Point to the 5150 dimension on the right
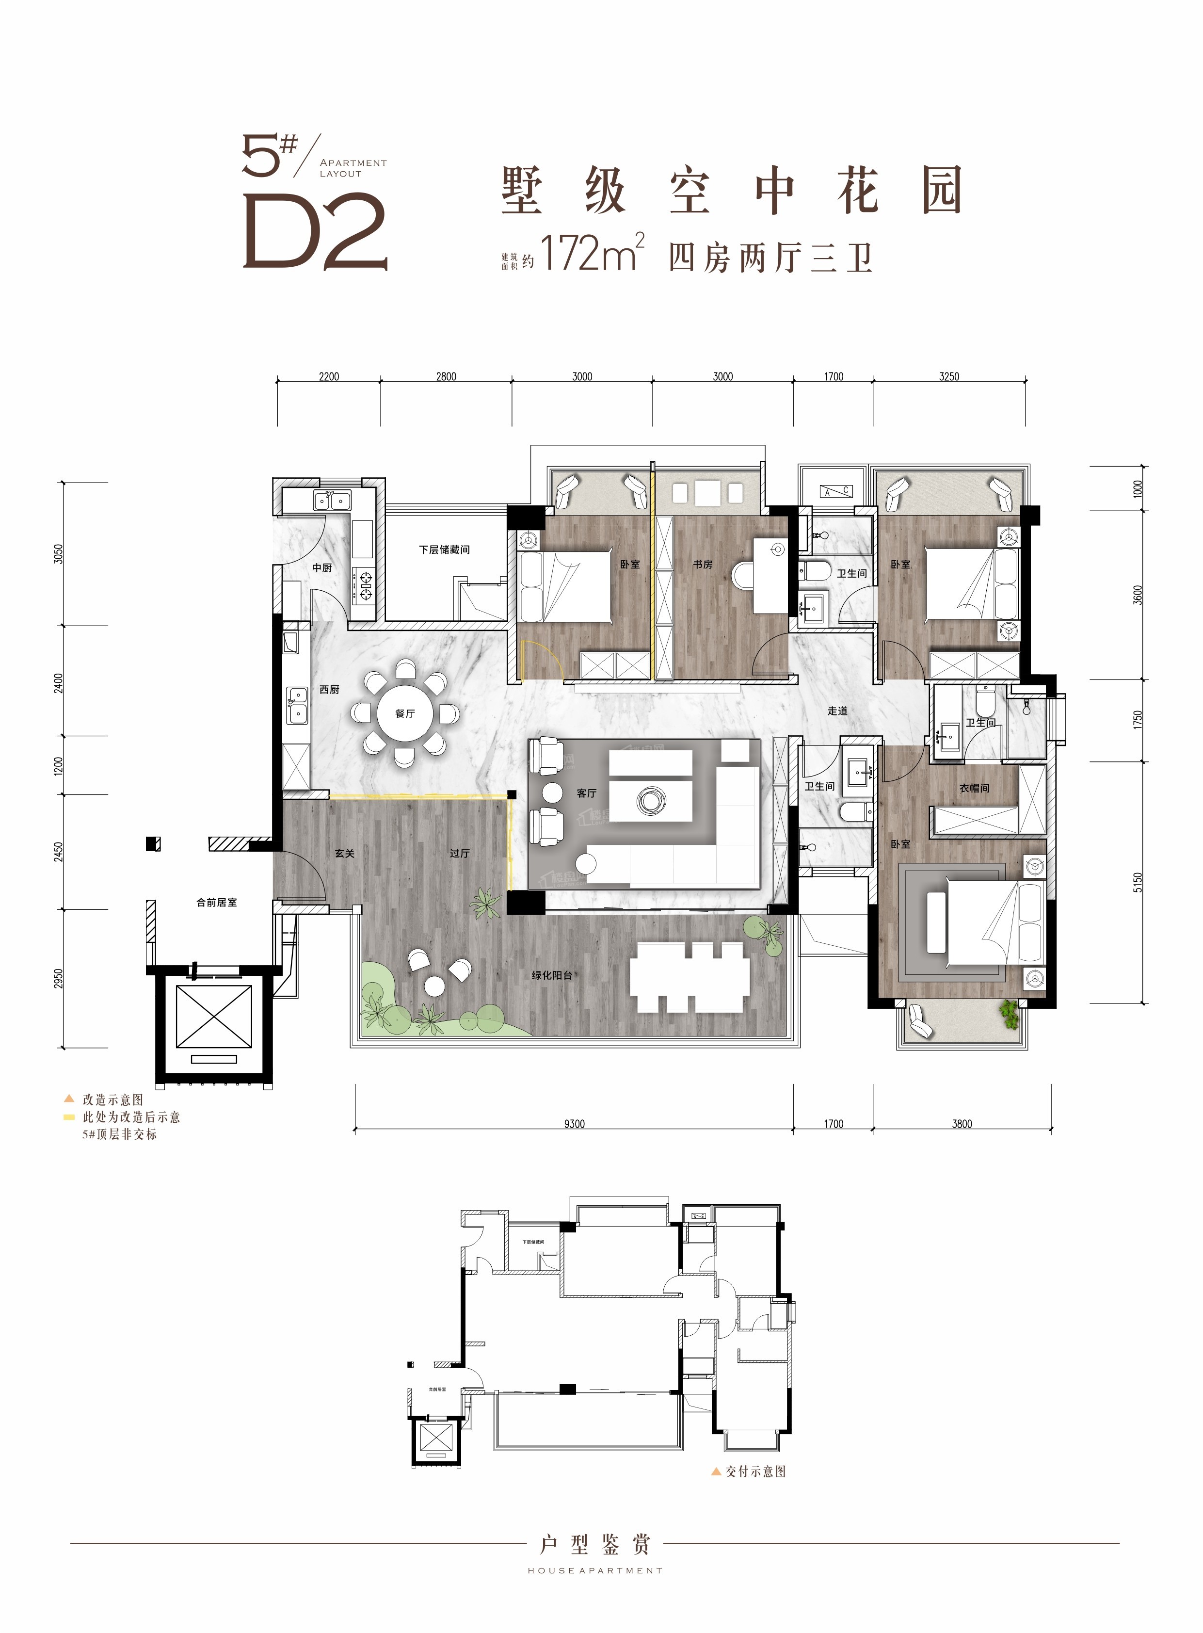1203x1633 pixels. click(x=1138, y=882)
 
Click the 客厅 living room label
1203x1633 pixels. click(x=586, y=793)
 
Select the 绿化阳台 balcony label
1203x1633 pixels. click(x=551, y=974)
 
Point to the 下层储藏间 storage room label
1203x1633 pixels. click(x=444, y=549)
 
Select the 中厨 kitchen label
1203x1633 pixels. click(x=322, y=567)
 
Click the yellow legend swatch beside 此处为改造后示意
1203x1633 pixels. click(x=69, y=1116)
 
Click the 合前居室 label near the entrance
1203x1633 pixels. click(x=216, y=902)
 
